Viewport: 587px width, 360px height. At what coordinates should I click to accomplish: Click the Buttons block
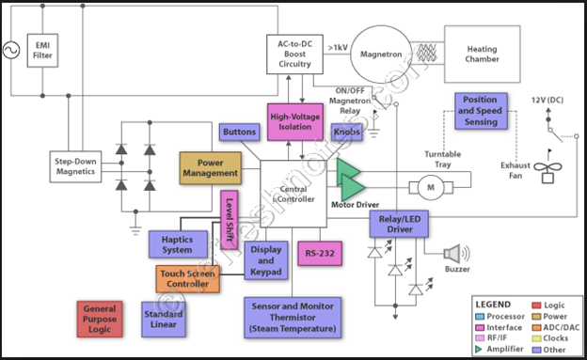click(x=239, y=133)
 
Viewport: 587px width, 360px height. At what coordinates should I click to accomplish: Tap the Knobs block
click(x=347, y=133)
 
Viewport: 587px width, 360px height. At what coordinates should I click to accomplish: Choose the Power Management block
click(x=210, y=167)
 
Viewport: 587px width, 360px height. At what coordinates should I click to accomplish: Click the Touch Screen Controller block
click(x=186, y=278)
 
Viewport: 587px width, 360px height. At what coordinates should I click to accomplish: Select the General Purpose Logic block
click(x=103, y=318)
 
